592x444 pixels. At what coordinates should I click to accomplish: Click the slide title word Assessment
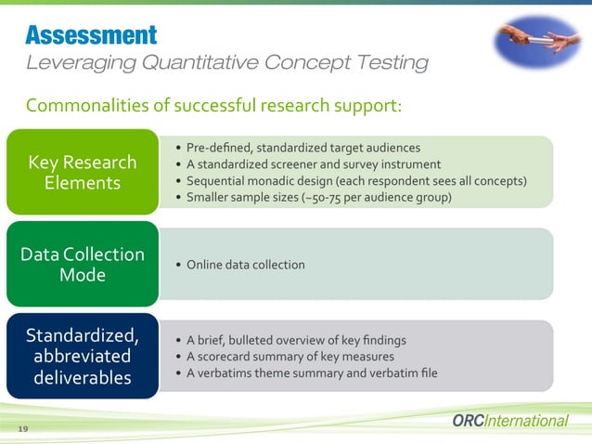(91, 35)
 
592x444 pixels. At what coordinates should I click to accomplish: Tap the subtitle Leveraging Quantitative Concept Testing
(226, 63)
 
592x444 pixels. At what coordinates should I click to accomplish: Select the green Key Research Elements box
(82, 172)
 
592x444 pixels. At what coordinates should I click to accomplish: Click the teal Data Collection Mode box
(82, 264)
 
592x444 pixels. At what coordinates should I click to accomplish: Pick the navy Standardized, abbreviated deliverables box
(82, 356)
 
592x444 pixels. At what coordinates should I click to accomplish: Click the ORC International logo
(509, 421)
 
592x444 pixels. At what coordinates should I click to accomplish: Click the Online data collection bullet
(245, 265)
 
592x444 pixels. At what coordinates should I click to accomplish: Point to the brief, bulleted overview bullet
(296, 340)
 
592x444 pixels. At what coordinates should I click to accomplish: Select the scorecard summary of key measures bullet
(290, 357)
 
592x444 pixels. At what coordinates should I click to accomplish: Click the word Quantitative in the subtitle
(197, 63)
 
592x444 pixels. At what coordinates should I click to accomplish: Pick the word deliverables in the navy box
(83, 378)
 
